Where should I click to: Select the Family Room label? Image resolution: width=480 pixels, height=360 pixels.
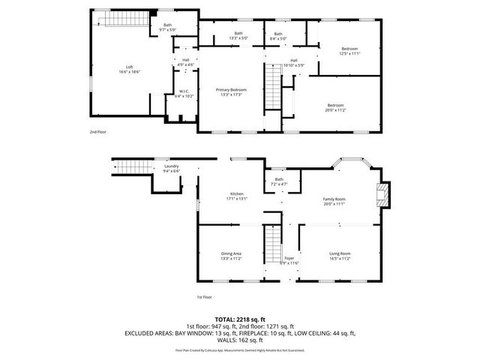coord(334,200)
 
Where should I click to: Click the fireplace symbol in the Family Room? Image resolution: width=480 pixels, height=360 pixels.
coord(383,196)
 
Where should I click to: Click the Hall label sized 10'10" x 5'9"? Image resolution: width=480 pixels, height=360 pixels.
coord(294,62)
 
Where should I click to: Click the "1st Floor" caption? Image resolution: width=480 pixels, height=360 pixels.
coord(205,297)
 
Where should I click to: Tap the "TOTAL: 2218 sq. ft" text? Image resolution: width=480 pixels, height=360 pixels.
coord(239,319)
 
